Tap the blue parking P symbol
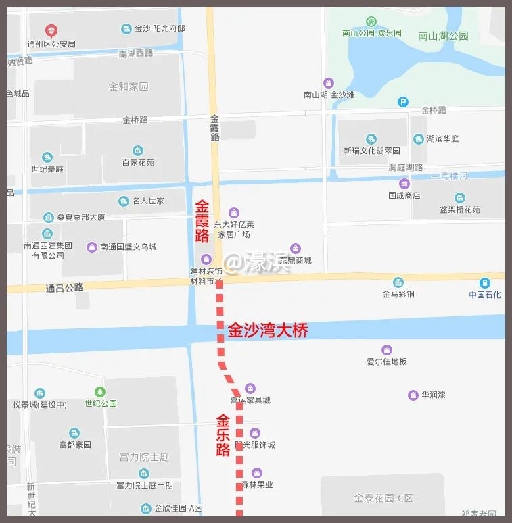pos(403,102)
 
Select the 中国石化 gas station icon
pos(485,283)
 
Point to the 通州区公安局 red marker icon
pos(51,30)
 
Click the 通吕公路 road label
pos(64,287)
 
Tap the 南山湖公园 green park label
pos(443,36)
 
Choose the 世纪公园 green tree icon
pos(100,391)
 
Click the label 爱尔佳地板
pos(387,362)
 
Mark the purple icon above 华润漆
pos(413,395)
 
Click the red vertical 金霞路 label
pos(202,221)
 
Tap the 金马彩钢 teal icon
pos(398,282)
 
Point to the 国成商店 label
pos(404,195)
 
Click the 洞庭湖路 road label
pos(406,167)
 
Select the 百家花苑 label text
pos(138,162)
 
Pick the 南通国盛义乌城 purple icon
pos(91,247)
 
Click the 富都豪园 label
pos(74,445)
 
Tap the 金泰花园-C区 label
pos(383,498)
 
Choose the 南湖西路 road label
pos(136,53)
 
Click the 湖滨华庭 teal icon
pos(419,139)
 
